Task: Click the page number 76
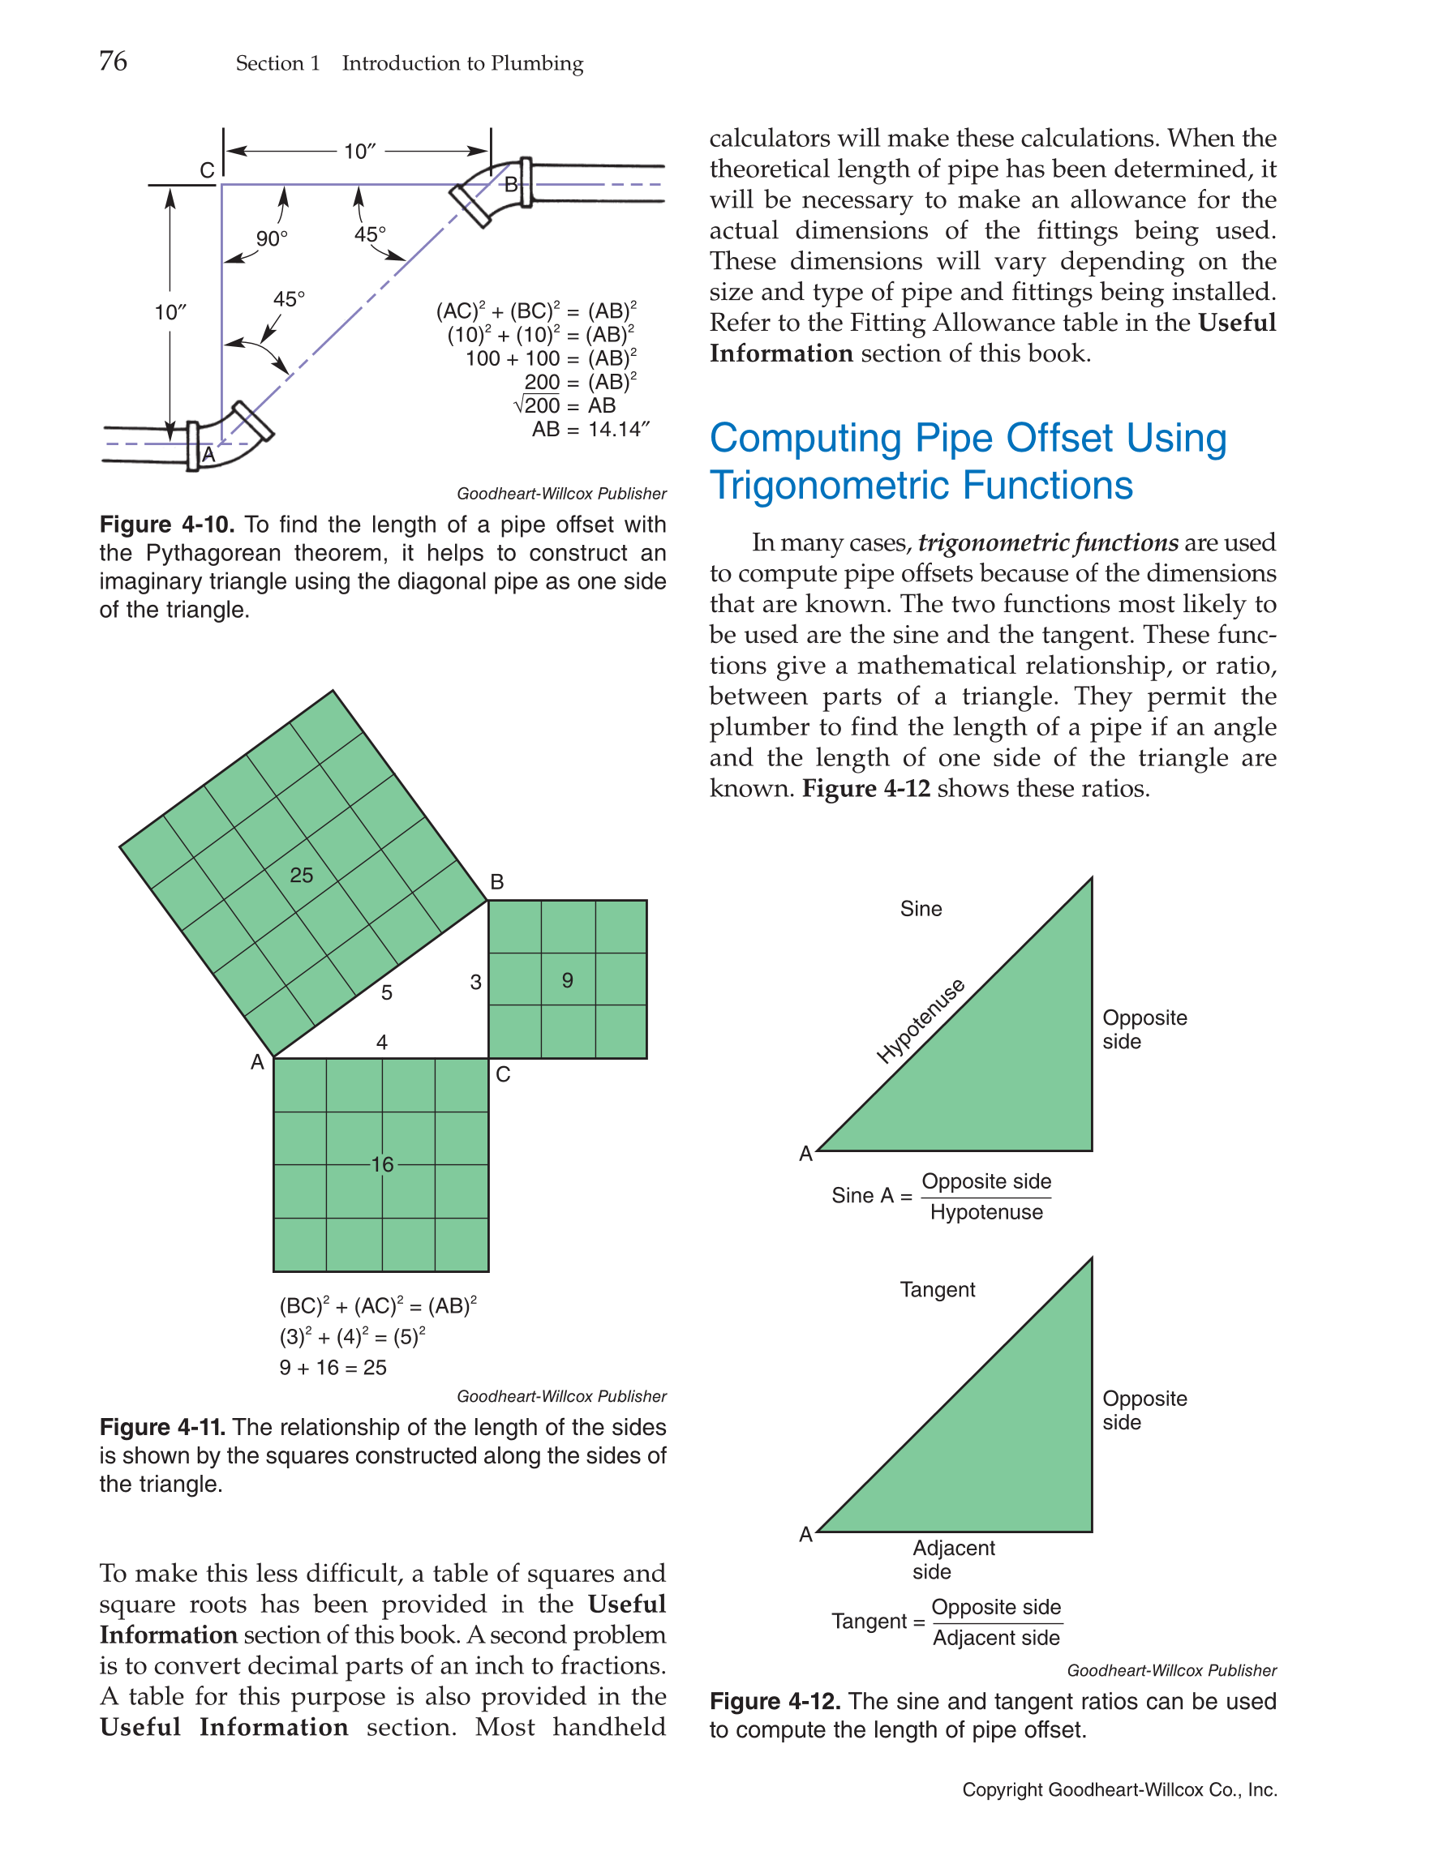[113, 61]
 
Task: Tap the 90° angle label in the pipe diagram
[271, 238]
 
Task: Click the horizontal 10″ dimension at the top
[359, 151]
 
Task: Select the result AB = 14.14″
[590, 429]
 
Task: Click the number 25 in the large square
[301, 875]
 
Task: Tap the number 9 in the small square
[567, 979]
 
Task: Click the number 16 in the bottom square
[381, 1163]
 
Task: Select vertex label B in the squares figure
[496, 881]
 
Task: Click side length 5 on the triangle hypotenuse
[387, 992]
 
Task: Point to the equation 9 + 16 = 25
[333, 1367]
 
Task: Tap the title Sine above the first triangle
[921, 909]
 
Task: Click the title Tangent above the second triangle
[937, 1289]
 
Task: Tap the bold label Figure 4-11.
[162, 1427]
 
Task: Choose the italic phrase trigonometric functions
[1047, 542]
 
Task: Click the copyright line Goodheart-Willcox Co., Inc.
[1119, 1789]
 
